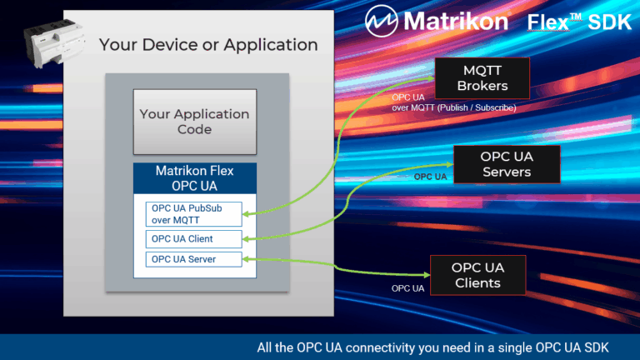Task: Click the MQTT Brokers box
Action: (482, 77)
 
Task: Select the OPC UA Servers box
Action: (506, 164)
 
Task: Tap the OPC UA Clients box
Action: (477, 275)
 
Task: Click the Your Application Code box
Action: (194, 122)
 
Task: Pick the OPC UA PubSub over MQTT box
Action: (193, 213)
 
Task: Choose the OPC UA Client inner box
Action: (193, 238)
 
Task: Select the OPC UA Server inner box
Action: (193, 260)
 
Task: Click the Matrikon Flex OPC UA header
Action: (194, 177)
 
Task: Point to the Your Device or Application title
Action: (208, 44)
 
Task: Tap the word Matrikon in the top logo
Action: (455, 20)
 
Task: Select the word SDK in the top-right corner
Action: (610, 22)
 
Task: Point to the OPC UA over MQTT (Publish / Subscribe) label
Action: (454, 102)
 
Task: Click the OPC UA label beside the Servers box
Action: (430, 177)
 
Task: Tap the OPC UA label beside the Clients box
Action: (408, 288)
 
